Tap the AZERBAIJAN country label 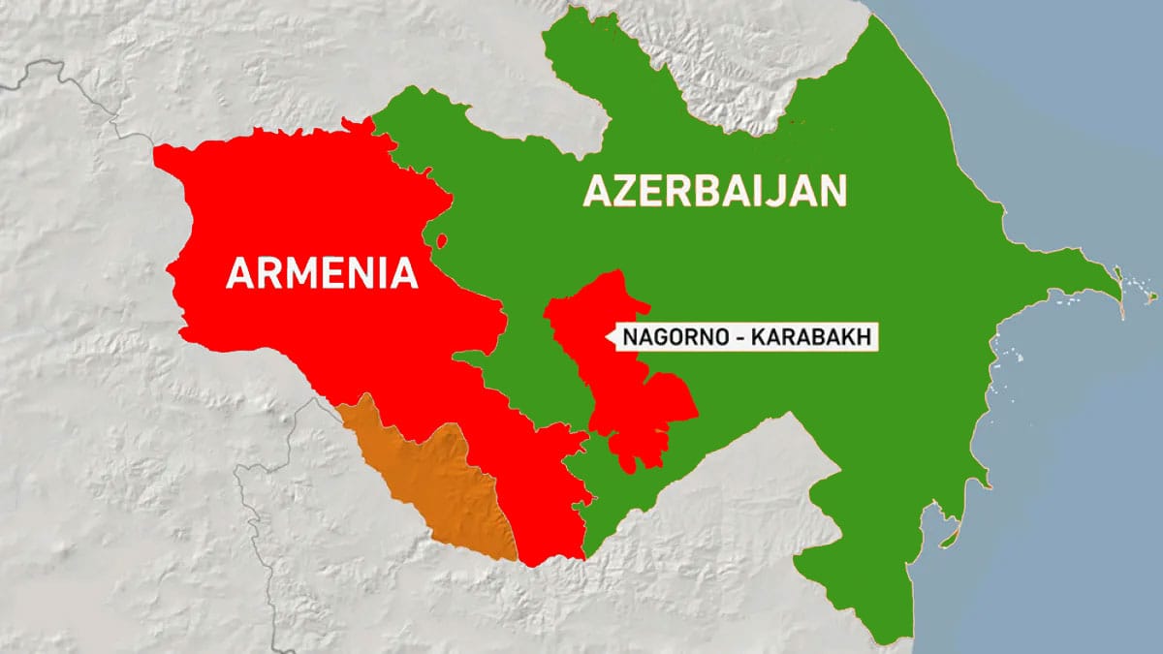714,191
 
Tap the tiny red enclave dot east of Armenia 442,239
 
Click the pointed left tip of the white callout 608,338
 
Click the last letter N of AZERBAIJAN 833,191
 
